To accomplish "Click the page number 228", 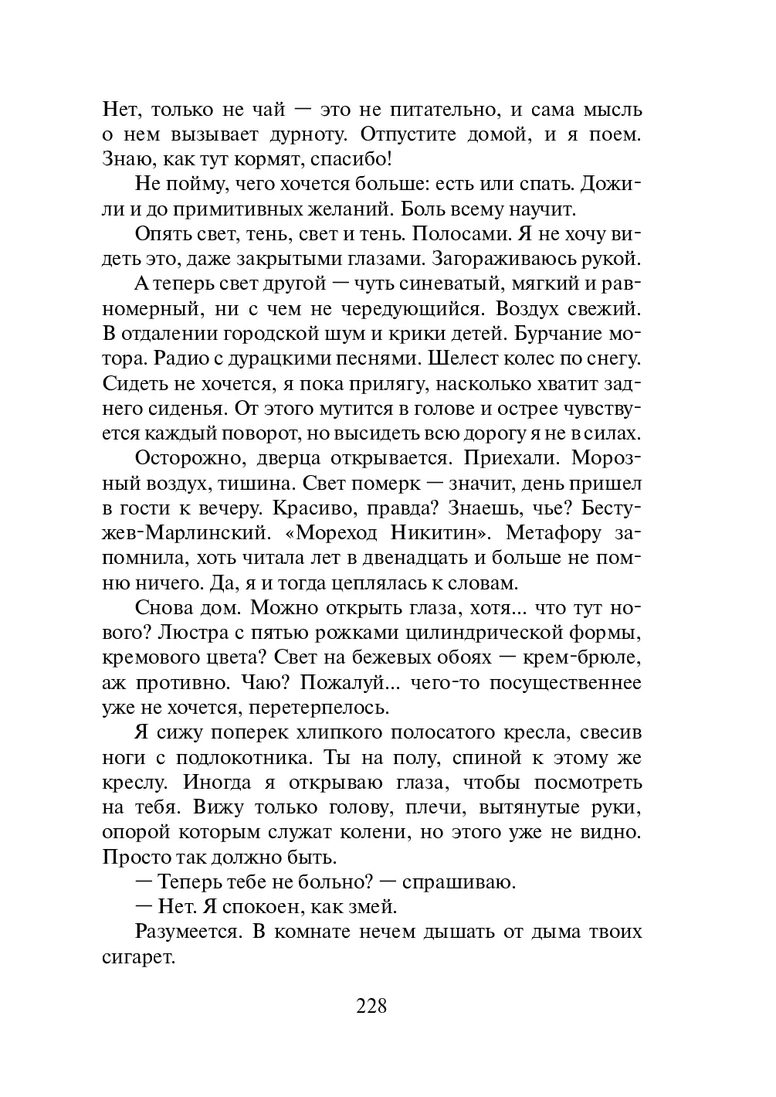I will [x=371, y=1006].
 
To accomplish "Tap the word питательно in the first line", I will [x=438, y=110].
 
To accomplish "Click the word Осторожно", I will [x=182, y=457].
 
